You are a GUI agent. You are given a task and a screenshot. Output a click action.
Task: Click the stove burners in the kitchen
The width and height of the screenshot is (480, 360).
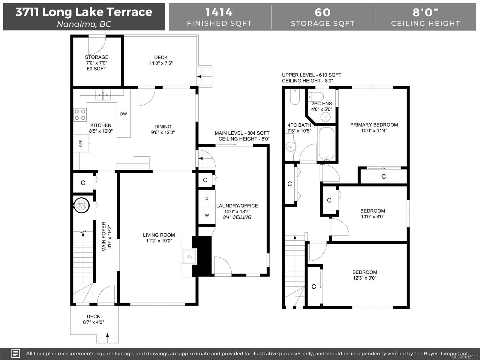(80, 115)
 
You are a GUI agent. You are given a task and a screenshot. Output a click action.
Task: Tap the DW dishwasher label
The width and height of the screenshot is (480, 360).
(124, 114)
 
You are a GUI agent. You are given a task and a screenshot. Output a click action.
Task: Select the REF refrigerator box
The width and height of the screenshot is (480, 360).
(81, 143)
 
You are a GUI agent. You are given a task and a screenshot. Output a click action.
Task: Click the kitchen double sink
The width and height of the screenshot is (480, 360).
(103, 95)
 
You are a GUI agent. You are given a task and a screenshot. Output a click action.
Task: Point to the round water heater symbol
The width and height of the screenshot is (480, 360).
(82, 205)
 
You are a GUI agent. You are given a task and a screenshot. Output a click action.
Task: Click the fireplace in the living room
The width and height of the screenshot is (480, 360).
(189, 256)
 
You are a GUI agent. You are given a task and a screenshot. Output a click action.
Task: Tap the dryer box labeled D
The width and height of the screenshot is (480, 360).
(207, 198)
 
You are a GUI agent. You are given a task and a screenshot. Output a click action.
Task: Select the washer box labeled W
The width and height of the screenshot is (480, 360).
(207, 215)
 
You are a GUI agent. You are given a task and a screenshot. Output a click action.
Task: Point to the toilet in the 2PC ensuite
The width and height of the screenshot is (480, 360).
(316, 96)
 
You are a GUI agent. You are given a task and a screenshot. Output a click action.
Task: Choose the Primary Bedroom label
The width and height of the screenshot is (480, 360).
(374, 125)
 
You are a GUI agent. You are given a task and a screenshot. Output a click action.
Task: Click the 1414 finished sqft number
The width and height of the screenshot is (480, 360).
(219, 12)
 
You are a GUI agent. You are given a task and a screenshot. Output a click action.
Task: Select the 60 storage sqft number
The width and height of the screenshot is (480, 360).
(322, 12)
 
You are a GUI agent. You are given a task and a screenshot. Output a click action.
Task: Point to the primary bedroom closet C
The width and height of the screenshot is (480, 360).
(384, 176)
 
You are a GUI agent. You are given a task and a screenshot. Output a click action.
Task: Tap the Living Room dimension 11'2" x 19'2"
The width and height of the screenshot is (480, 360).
(159, 241)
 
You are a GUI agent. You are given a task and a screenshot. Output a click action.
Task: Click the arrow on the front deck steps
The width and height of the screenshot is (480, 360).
(107, 335)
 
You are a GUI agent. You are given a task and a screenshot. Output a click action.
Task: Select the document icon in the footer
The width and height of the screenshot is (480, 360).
(16, 353)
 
